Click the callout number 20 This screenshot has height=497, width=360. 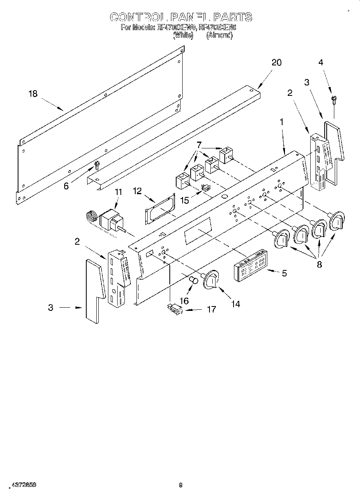(277, 63)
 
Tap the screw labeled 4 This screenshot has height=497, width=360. (333, 99)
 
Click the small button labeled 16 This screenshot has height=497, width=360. (194, 279)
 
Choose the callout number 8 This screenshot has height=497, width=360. (319, 265)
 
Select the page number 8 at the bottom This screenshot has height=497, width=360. (180, 485)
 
